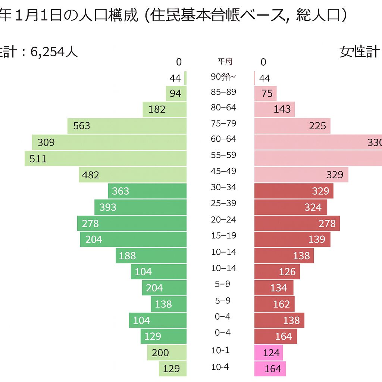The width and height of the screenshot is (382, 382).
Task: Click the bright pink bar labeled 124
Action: point(269,353)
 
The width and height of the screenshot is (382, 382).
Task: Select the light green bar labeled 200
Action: point(167,353)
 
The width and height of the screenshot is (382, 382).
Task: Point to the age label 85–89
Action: point(223,92)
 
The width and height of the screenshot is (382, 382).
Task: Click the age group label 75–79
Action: point(223,123)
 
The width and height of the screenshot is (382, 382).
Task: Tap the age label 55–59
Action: point(223,155)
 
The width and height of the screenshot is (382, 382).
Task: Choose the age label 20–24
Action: point(223,220)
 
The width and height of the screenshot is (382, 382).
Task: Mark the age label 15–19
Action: point(223,236)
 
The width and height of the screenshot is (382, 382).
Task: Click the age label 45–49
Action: point(223,171)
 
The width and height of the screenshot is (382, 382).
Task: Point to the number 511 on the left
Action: point(38,159)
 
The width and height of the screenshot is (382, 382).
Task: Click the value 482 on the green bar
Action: point(90,175)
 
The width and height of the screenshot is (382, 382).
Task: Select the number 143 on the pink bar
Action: point(282,109)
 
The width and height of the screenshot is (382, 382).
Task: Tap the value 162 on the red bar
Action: point(281,304)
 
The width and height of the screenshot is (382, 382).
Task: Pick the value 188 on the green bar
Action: point(127,256)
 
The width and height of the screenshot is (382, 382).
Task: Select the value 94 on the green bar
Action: point(175,93)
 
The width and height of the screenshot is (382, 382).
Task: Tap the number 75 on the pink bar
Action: point(267,94)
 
